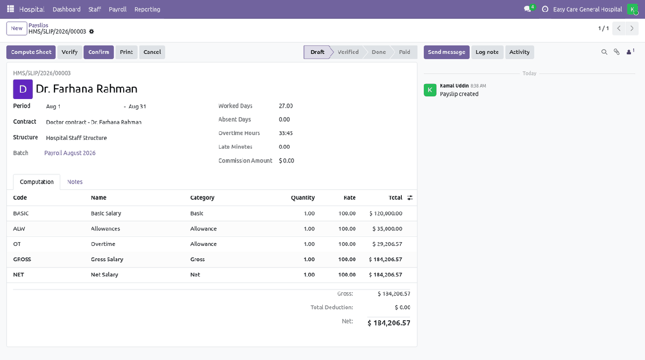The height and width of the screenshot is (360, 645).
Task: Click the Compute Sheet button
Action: coord(31,52)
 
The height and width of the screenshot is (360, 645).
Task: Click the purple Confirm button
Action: coord(99,52)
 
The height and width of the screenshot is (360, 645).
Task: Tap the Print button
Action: coord(126,52)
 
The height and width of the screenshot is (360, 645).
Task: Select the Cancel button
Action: coord(152,52)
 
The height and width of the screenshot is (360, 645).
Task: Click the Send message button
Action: coord(446,52)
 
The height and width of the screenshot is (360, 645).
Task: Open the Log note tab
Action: coord(487,52)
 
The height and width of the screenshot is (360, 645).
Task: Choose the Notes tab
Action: coord(75,182)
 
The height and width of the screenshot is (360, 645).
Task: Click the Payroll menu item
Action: coord(118,10)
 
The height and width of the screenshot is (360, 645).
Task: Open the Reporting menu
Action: coord(147,10)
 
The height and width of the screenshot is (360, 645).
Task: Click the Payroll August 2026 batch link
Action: coord(70,153)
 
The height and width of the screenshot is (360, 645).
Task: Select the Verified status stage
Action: coord(348,52)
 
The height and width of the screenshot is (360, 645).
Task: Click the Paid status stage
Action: coord(405,52)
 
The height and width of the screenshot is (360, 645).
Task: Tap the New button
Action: coord(17,29)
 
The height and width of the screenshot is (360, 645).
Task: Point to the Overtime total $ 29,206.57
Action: coord(387,244)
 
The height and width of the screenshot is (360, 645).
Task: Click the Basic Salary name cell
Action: coord(106,214)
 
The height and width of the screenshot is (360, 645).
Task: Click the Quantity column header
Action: coord(303,198)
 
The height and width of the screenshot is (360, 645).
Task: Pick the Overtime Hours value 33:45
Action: coord(286,133)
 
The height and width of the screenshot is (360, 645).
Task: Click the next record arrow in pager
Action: coord(632,29)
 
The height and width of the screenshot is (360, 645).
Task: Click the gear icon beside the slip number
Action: coord(92,32)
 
